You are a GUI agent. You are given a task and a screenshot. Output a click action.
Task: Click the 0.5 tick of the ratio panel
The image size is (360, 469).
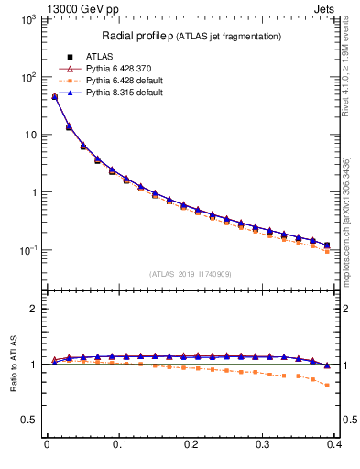(31, 420)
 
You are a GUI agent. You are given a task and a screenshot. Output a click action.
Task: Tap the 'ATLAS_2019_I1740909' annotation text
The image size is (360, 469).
(189, 273)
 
